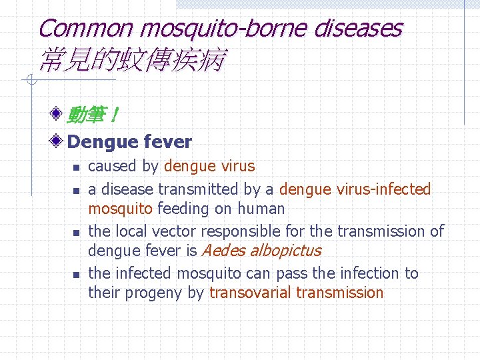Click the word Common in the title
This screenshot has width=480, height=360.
coord(86,29)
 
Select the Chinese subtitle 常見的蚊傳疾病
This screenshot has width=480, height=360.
coord(131,61)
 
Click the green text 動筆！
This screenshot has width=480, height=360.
coord(93,116)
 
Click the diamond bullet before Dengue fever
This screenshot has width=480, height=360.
coord(58,141)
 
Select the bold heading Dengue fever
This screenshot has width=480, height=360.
coord(130,141)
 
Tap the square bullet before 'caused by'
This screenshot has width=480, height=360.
coord(77,167)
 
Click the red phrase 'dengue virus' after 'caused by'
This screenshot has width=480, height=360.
coord(209,166)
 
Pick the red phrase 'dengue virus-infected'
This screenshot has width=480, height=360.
coord(355,189)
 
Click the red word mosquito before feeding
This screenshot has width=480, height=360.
coord(120,209)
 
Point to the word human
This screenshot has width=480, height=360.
coord(260,209)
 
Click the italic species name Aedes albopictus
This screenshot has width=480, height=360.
coord(261,251)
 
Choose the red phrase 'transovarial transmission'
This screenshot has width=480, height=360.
coord(297,293)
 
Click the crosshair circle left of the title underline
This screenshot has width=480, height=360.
coord(29,81)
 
